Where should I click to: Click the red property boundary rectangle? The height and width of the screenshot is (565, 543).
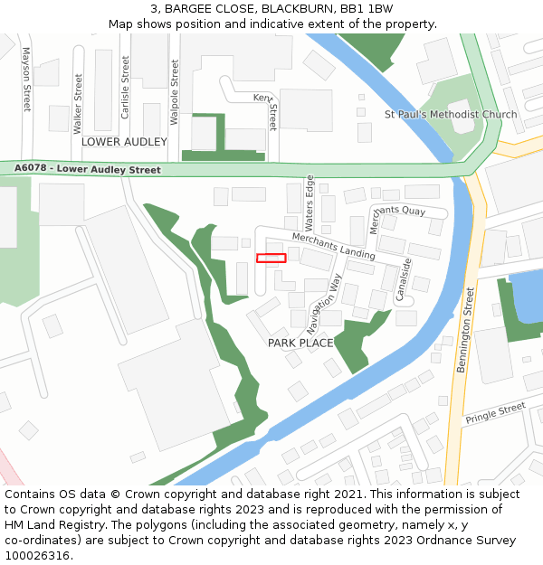(271, 258)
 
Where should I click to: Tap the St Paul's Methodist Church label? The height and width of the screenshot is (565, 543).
(451, 115)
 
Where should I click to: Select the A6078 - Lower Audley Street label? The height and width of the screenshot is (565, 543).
(88, 169)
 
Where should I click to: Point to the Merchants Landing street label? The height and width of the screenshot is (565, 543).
(333, 246)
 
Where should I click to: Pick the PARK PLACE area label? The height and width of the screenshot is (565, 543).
(300, 343)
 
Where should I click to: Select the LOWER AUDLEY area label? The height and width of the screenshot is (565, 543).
(124, 142)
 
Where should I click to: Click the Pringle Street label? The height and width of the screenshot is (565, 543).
(495, 414)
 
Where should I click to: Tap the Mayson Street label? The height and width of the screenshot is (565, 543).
(25, 79)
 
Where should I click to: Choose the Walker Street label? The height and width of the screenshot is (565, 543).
(78, 104)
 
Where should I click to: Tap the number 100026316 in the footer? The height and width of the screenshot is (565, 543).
(38, 555)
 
